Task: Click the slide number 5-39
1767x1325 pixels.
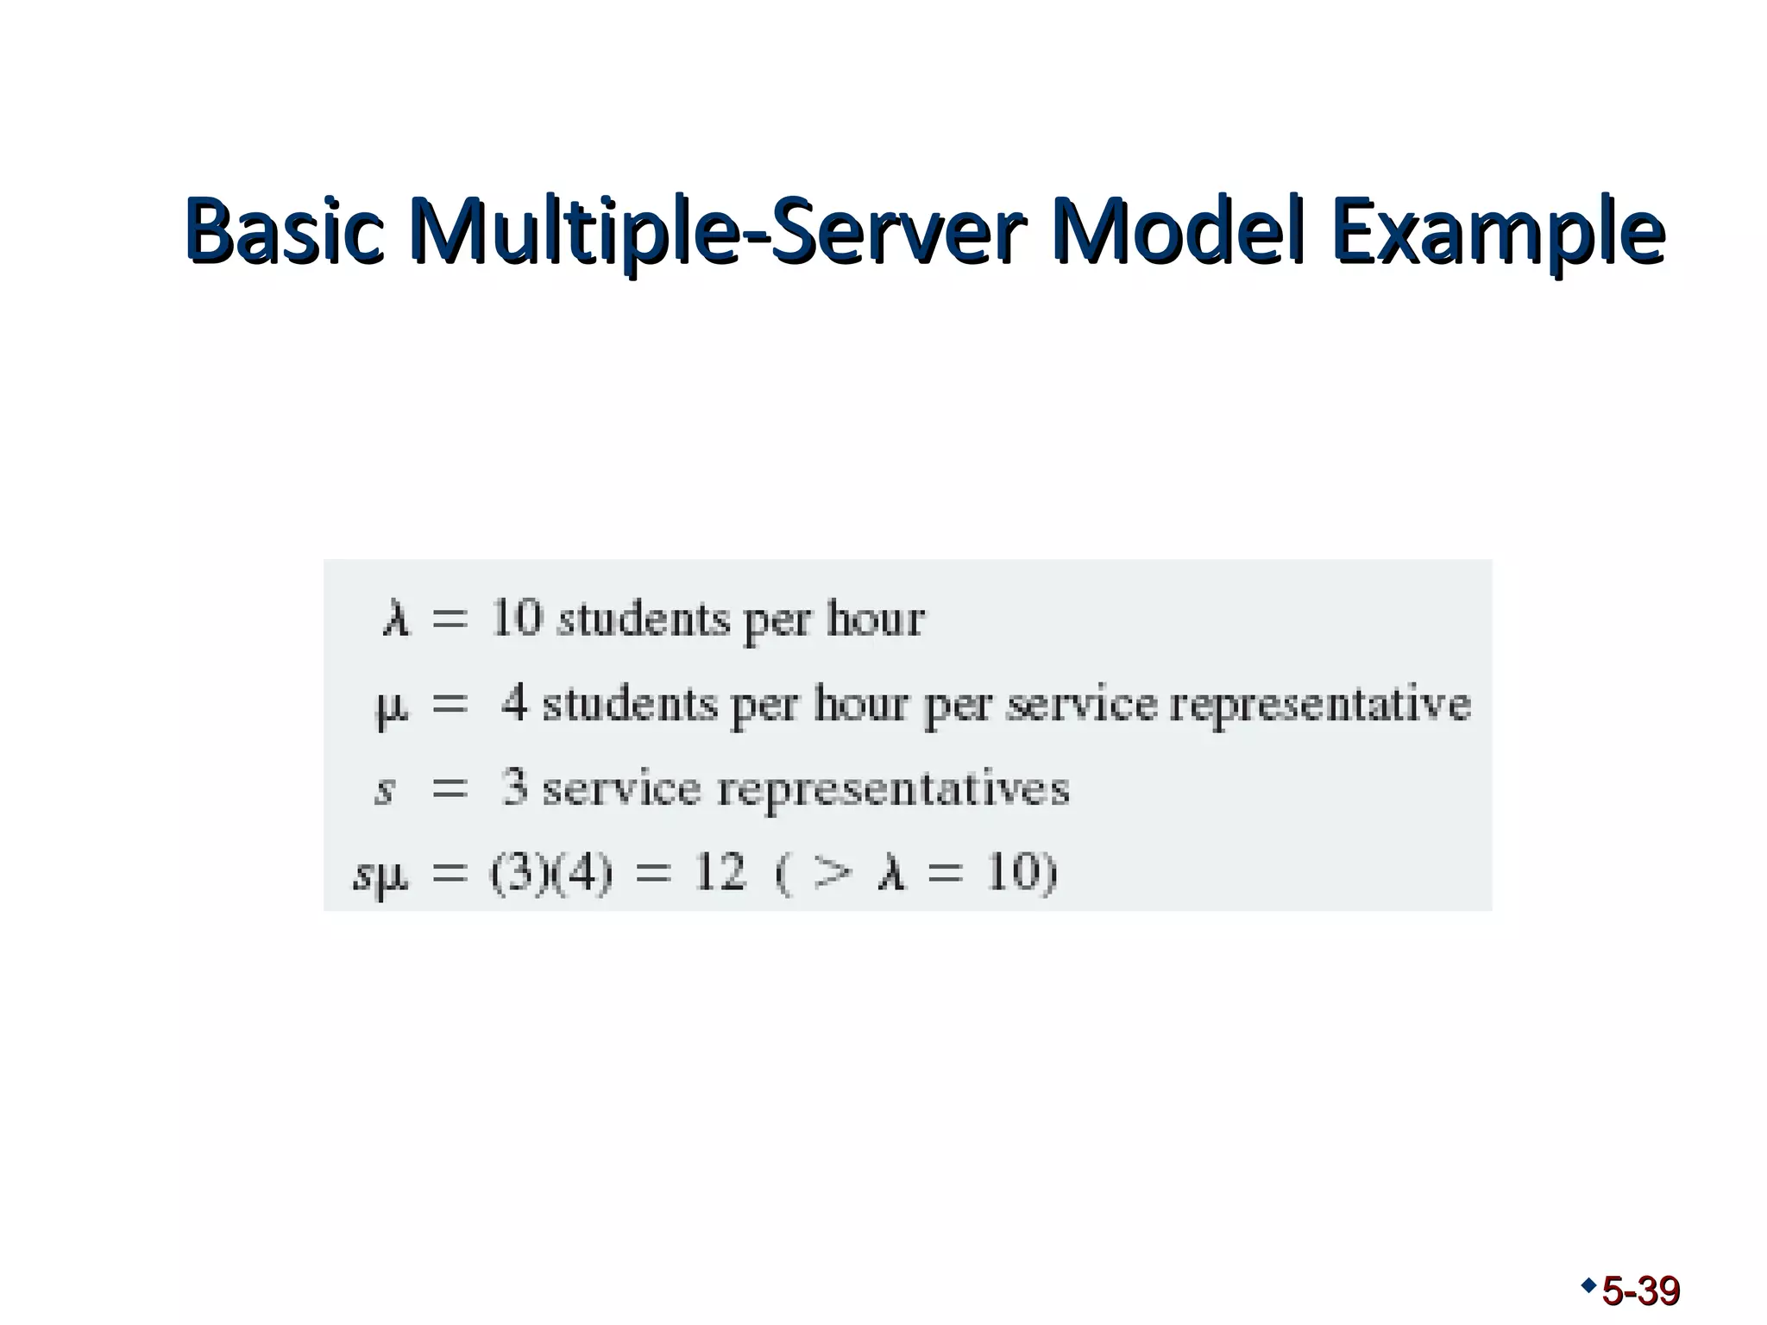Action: tap(1640, 1291)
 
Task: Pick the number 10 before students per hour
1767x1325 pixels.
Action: tap(517, 618)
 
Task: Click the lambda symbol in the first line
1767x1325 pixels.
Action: tap(396, 619)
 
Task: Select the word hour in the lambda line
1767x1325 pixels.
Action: tap(875, 619)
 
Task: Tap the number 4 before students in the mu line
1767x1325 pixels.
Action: tap(514, 702)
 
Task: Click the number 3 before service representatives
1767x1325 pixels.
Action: tap(514, 788)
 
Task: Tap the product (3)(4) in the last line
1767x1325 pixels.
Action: tap(552, 873)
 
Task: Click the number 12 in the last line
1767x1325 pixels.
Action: tap(720, 873)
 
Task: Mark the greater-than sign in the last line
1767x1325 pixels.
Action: tap(832, 873)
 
